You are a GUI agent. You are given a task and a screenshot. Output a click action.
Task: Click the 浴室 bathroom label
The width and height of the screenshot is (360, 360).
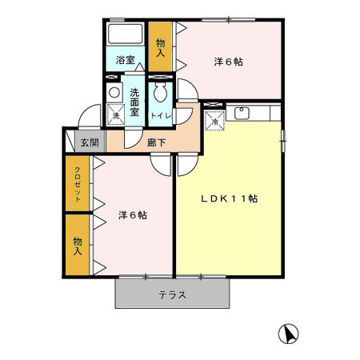pos(124,59)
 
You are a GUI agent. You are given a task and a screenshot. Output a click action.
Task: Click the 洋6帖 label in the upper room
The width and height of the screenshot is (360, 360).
pos(228,62)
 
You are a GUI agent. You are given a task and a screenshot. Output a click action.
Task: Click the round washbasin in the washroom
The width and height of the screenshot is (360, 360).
pos(114,93)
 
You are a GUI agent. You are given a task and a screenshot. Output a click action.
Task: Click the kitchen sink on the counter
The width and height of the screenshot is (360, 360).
pos(242,111)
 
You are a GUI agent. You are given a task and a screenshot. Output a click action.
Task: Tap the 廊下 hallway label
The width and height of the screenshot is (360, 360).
pos(157,143)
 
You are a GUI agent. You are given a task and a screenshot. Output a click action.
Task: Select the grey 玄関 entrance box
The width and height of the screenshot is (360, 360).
pos(89,143)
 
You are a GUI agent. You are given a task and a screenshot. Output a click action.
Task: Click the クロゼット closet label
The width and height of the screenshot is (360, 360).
pos(78,185)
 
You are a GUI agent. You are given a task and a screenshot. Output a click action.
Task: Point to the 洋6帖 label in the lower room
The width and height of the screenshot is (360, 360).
pos(132,214)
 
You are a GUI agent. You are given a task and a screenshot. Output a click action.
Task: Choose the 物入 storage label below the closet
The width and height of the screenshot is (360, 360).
pos(78,246)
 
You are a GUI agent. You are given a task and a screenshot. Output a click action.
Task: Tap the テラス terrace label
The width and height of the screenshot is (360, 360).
pos(172,294)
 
